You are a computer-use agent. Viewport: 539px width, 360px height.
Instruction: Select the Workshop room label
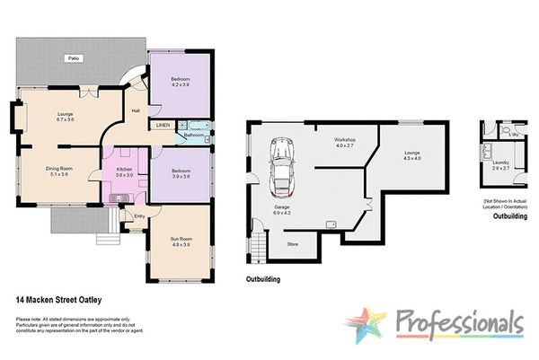(346, 141)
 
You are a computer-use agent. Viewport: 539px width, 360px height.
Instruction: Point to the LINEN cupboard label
(163, 126)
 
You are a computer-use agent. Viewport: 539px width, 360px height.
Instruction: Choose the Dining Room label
(59, 168)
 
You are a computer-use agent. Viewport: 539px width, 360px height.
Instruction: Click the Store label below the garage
(292, 242)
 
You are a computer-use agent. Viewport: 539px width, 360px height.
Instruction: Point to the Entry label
(139, 215)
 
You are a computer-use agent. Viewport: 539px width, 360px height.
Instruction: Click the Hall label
(136, 110)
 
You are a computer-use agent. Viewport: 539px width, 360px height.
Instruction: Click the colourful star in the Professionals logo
(370, 325)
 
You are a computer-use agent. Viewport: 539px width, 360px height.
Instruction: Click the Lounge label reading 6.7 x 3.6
(65, 119)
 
